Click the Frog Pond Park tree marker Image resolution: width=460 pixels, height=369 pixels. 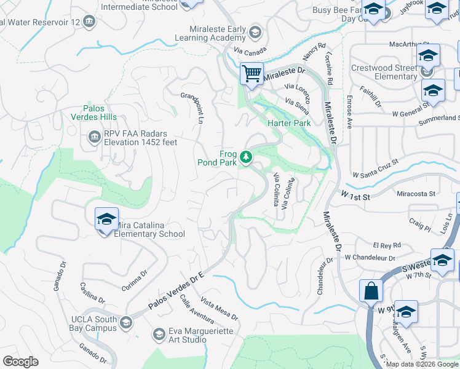click(x=246, y=158)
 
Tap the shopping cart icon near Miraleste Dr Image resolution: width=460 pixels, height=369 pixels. click(x=252, y=74)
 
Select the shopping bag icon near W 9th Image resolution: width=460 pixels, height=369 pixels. click(x=372, y=290)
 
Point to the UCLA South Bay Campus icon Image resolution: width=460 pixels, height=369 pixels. click(x=125, y=323)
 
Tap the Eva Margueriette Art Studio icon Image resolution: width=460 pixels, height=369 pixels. click(x=159, y=334)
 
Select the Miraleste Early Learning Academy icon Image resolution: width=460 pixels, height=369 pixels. click(x=255, y=33)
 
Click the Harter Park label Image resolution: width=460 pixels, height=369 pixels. click(x=289, y=123)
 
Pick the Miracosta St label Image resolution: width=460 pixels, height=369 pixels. click(x=416, y=193)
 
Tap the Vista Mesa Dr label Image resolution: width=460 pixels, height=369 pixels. click(x=220, y=308)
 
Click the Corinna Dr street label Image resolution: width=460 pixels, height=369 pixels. click(x=135, y=279)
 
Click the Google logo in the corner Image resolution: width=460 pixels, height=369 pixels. click(x=20, y=362)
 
